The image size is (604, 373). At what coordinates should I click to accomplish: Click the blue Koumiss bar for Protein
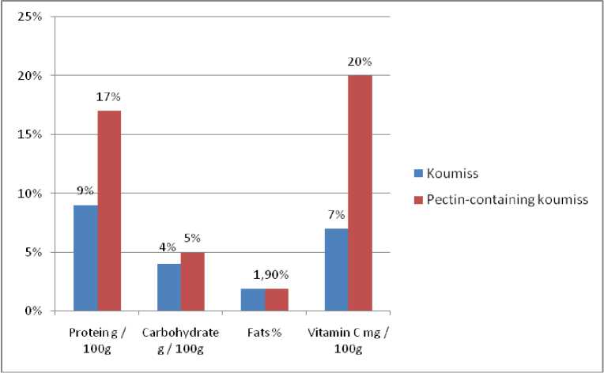86,258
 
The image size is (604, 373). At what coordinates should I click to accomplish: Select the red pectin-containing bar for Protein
109,211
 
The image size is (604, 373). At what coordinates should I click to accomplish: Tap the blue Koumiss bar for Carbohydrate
169,287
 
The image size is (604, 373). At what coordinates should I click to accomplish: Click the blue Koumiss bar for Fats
253,300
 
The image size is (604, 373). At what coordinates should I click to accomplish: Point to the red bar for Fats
277,300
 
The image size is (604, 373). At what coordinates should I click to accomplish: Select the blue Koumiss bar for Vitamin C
337,269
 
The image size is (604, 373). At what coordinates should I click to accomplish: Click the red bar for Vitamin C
360,193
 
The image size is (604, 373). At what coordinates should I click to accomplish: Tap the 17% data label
110,97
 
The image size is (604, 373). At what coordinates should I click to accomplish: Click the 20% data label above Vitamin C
360,62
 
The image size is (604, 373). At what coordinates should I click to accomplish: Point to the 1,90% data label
266,276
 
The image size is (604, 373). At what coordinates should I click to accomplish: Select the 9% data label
85,190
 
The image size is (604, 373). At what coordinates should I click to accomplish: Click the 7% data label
336,215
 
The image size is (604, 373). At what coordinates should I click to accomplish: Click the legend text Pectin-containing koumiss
508,199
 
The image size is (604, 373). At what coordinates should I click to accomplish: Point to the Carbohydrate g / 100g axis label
181,341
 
